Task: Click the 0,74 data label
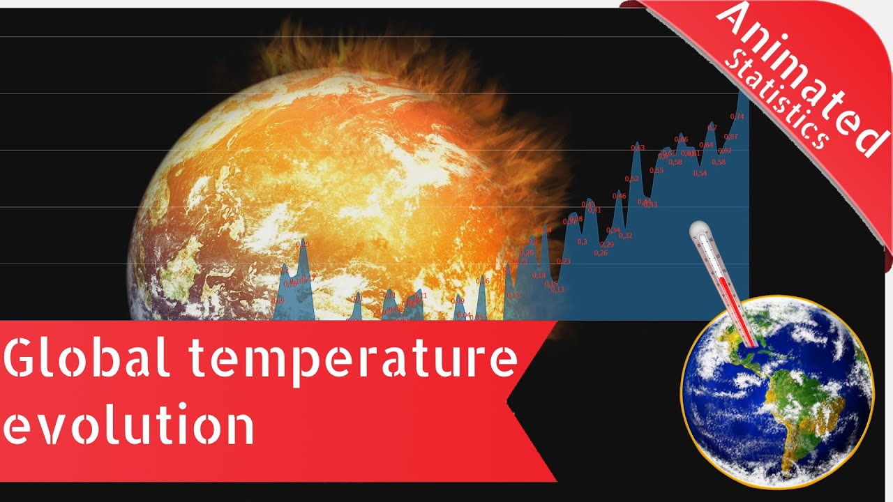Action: [x=737, y=116]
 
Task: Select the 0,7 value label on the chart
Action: [x=712, y=127]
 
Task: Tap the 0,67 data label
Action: [x=730, y=137]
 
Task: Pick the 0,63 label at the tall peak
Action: [x=638, y=148]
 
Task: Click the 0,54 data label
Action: [x=700, y=174]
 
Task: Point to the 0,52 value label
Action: [x=631, y=179]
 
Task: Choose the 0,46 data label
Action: [x=619, y=196]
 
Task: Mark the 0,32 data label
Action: [x=626, y=236]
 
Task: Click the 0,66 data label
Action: [x=682, y=139]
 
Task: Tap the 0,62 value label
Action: [x=725, y=151]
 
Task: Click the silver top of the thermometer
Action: [x=698, y=231]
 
